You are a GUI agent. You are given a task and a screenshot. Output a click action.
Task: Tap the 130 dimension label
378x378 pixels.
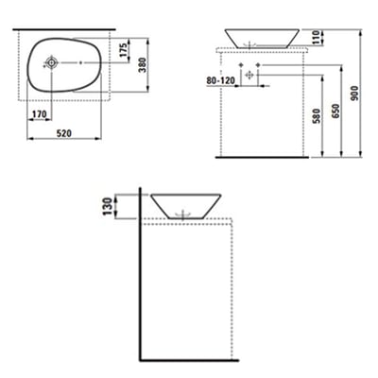110,205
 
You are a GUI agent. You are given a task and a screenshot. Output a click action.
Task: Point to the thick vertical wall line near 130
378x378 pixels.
139,274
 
